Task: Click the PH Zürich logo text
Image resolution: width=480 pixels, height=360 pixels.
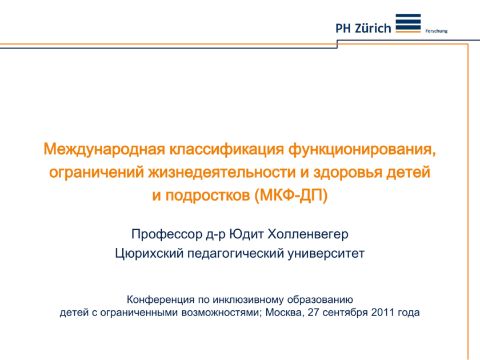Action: pos(363,29)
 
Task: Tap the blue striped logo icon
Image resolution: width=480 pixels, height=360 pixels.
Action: pos(408,24)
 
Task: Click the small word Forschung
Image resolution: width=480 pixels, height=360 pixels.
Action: pos(437,31)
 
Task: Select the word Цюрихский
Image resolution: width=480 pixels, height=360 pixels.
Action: pos(148,253)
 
